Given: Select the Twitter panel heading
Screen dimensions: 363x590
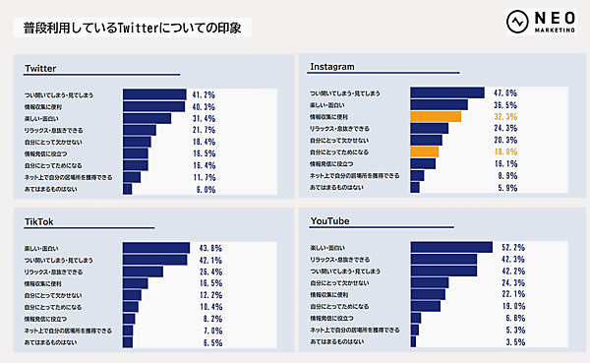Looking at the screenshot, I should coord(42,69).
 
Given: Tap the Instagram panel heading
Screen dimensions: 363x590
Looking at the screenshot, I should coord(332,66).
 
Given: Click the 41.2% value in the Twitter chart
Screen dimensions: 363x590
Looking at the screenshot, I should coord(203,94).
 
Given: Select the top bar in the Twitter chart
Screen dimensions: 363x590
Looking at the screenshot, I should coord(152,94).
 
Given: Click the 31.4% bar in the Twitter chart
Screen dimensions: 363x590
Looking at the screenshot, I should coord(146,118).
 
